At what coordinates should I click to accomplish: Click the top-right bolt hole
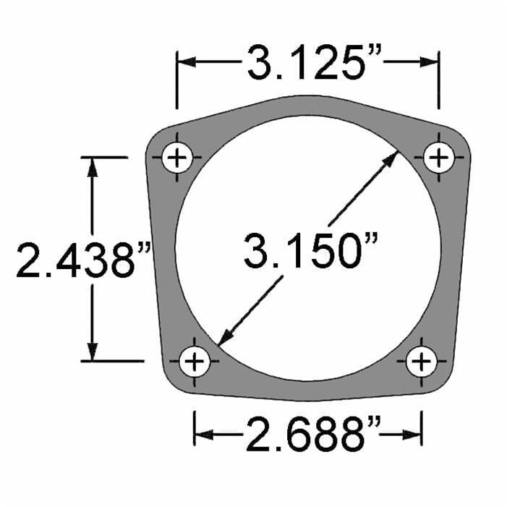(x=438, y=157)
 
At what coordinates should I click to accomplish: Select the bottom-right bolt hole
(x=421, y=360)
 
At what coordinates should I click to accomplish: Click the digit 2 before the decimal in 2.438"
(x=29, y=260)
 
